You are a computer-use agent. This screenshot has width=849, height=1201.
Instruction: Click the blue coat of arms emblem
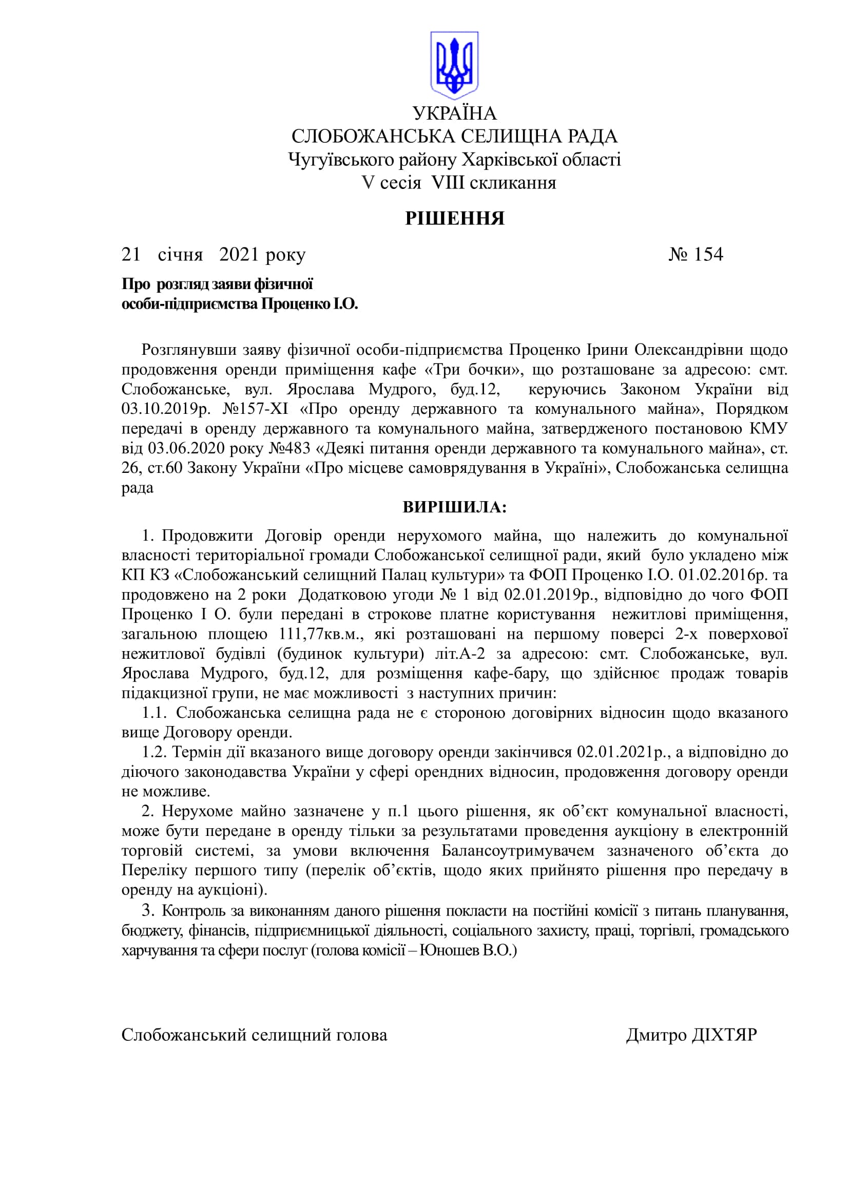tap(454, 65)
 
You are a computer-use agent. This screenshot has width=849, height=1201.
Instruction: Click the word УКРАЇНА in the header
tap(454, 113)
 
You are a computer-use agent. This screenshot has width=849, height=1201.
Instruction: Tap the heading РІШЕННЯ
tap(454, 218)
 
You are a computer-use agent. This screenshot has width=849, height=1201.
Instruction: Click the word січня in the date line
tap(180, 255)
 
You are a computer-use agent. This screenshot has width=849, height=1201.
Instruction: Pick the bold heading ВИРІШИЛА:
tap(454, 507)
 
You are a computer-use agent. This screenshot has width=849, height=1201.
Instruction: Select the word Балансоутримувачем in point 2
tap(517, 851)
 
